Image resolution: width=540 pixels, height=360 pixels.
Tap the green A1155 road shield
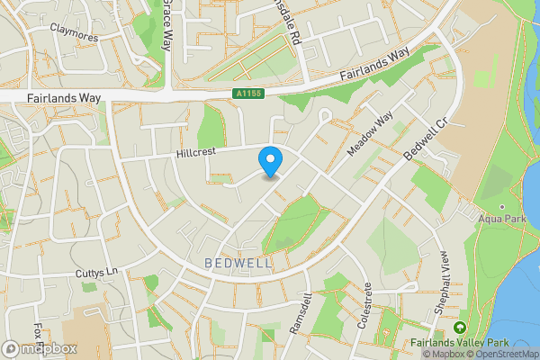point(247,92)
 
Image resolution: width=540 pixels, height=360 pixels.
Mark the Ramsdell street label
point(301,314)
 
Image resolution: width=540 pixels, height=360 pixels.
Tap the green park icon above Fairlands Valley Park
point(461,328)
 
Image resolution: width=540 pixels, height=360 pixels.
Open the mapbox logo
point(39,348)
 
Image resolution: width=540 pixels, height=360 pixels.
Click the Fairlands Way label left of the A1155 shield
point(62,96)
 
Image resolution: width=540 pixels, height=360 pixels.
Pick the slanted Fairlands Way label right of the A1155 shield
point(378,63)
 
